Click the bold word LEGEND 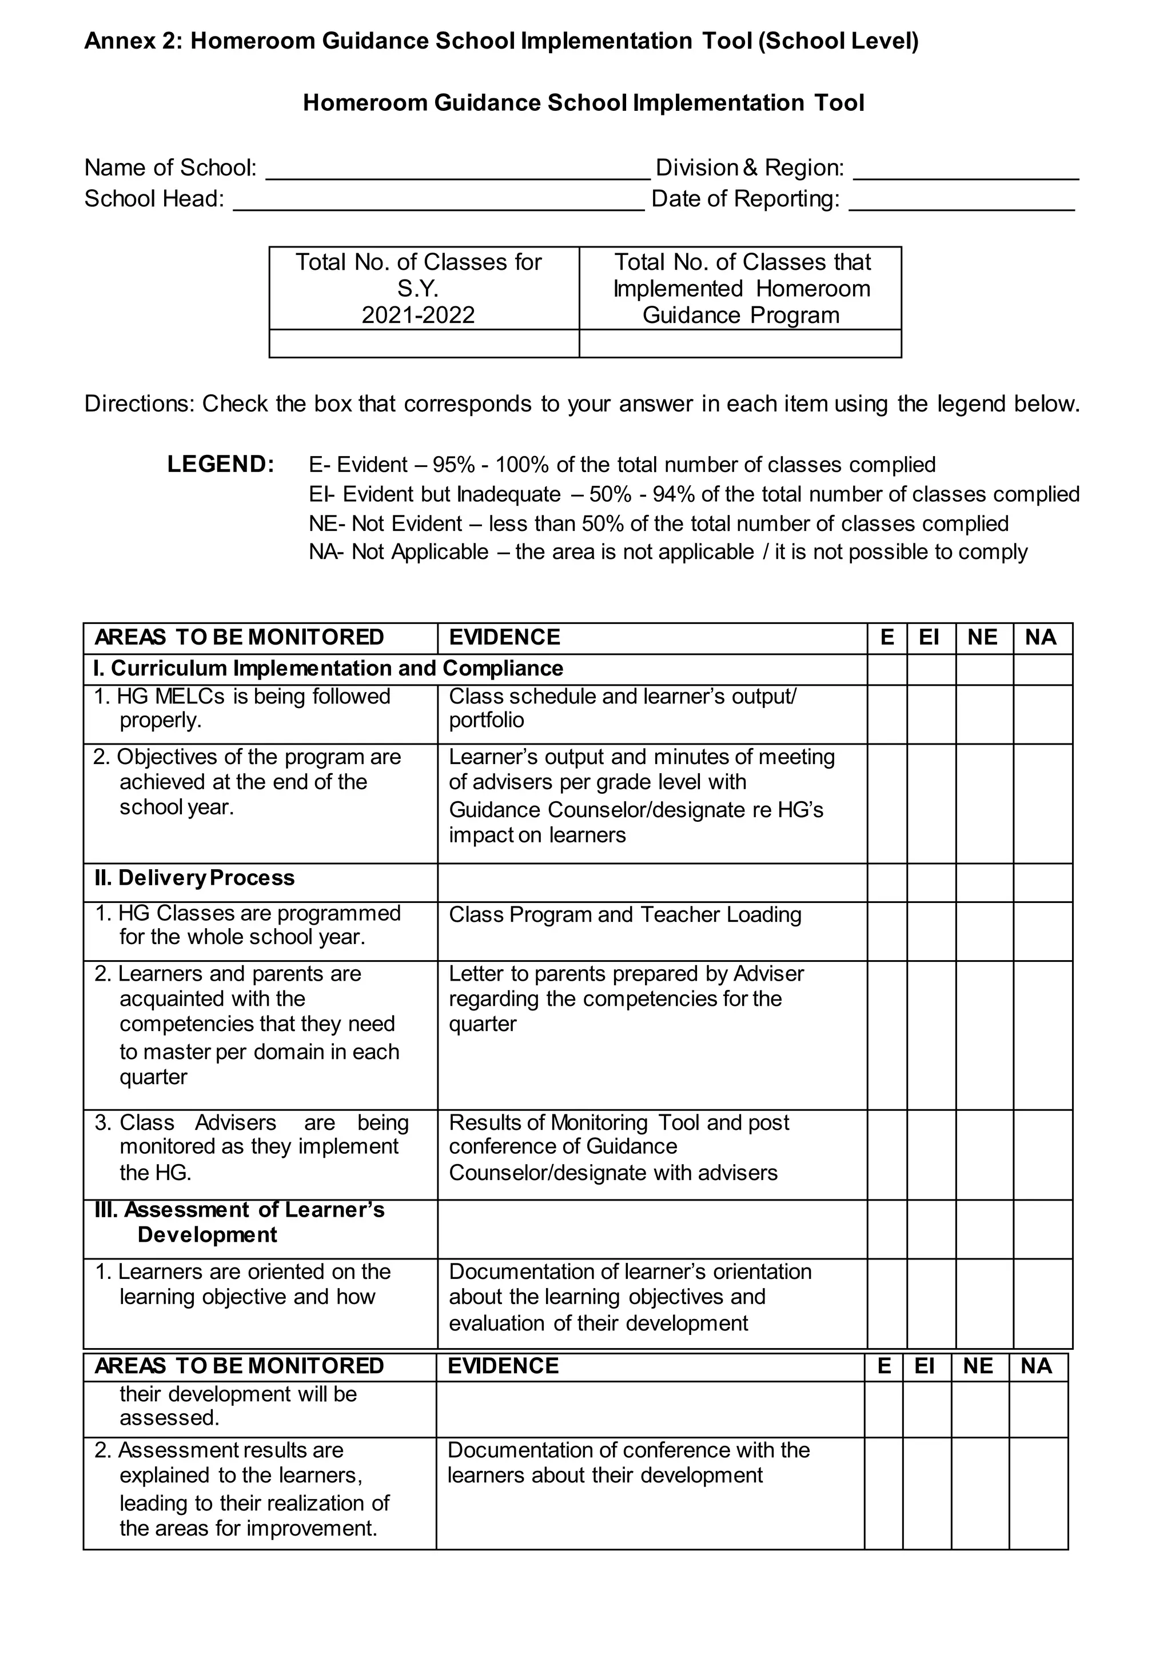(221, 464)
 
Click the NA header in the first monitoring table (1041, 637)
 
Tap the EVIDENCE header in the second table (503, 1366)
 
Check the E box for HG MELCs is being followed (886, 714)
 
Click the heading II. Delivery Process (194, 878)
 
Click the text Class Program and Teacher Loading (624, 915)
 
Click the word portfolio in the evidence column (486, 720)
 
